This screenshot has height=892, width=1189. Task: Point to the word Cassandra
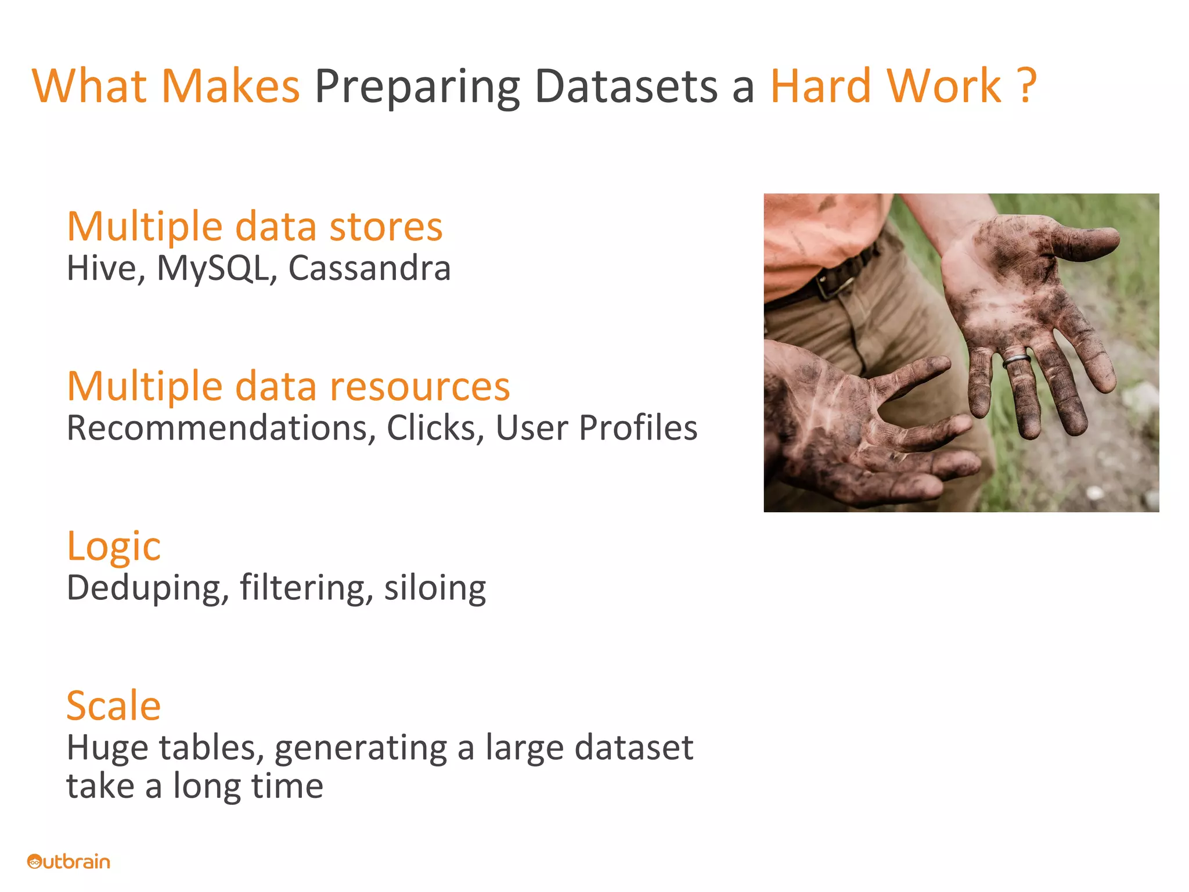tap(369, 268)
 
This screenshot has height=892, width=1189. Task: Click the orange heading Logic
tap(114, 547)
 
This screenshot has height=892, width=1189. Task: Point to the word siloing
tap(435, 588)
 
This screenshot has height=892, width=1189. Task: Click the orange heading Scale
tap(114, 706)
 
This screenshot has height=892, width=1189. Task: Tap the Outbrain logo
tap(69, 861)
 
